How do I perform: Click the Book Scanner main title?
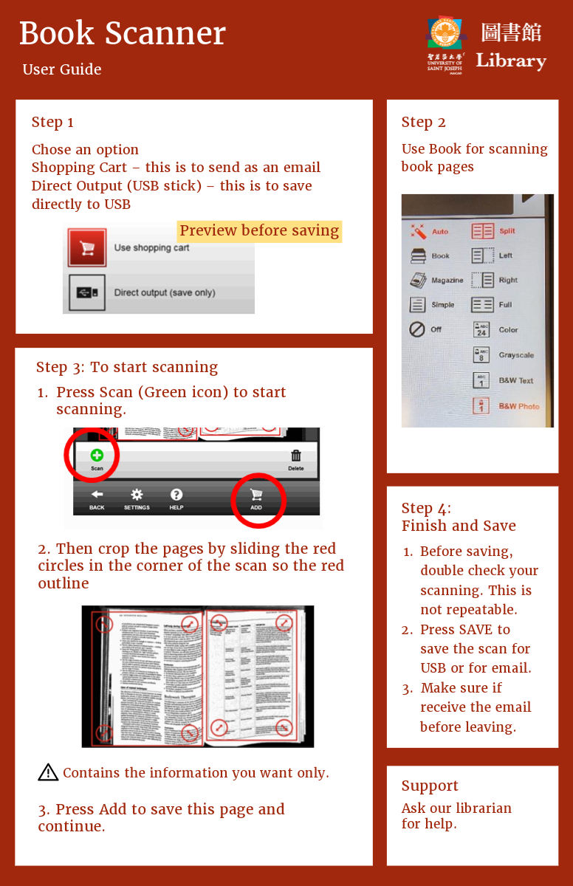click(x=122, y=33)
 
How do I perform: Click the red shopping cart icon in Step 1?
click(x=87, y=247)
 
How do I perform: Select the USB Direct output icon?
click(x=87, y=292)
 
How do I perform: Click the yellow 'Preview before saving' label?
click(x=259, y=231)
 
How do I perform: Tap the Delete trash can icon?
click(x=296, y=456)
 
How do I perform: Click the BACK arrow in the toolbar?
click(x=97, y=495)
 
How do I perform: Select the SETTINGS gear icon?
click(x=137, y=495)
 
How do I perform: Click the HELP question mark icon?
click(x=176, y=495)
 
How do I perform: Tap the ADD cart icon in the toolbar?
click(x=256, y=495)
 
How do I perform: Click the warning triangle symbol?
click(x=48, y=772)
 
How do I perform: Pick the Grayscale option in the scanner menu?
click(x=482, y=355)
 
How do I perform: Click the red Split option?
click(x=483, y=231)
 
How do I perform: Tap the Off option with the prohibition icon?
click(x=417, y=329)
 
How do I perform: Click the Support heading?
click(x=430, y=786)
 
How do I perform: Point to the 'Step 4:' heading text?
click(x=426, y=508)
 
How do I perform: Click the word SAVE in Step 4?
click(x=476, y=630)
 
